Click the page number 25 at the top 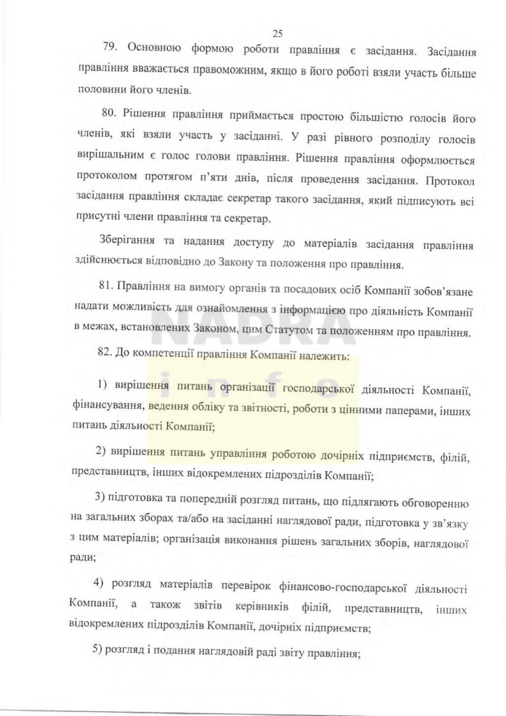tap(277, 33)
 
